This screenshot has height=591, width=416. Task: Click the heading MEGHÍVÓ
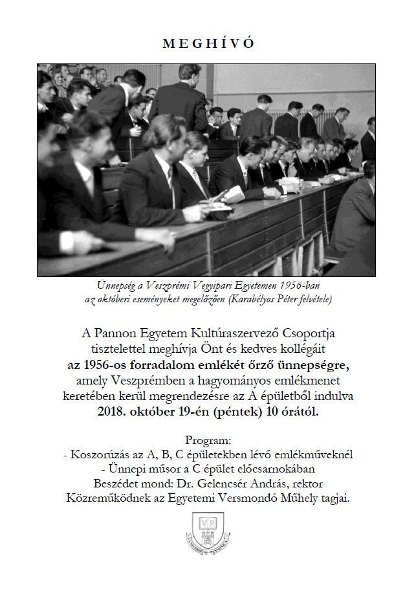click(x=208, y=43)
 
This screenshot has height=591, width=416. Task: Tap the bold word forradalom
click(x=157, y=364)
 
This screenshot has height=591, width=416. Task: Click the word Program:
click(x=208, y=441)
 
